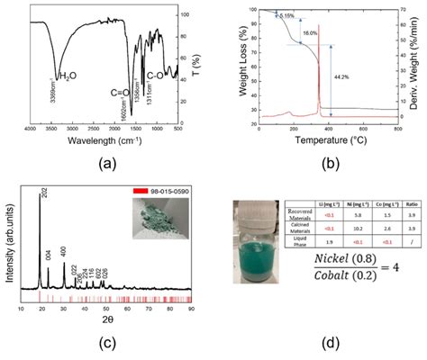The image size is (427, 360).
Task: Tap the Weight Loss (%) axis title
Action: pos(233,66)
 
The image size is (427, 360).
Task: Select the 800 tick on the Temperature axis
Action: pos(398,130)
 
